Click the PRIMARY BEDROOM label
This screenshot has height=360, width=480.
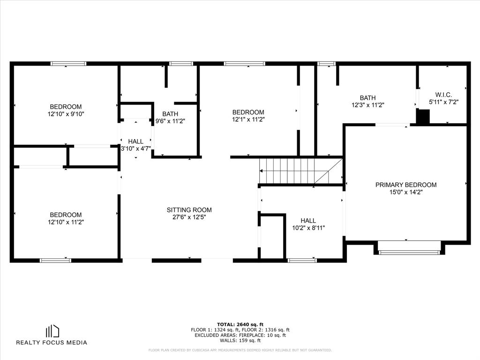point(406,185)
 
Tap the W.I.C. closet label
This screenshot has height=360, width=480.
point(443,95)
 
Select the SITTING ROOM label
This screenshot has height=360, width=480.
point(189,210)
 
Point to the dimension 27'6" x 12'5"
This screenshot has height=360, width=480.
point(189,217)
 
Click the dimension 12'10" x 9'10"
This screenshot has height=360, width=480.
point(66,114)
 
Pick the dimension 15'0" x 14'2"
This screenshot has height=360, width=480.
point(406,192)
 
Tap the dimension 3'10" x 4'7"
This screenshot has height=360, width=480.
point(135,149)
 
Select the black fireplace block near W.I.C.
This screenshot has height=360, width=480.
point(423,117)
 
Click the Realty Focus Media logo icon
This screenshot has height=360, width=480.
point(52,331)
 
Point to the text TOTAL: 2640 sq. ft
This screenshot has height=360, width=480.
point(240,324)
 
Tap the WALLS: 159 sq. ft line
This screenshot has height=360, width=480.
point(240,340)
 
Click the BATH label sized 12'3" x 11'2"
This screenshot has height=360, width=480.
point(367,98)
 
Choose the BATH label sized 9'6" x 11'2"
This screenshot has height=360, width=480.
point(170,114)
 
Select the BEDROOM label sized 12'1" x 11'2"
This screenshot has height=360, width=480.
point(248,112)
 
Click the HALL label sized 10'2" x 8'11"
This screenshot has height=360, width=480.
point(308,221)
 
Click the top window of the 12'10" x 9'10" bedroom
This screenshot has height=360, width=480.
point(68,64)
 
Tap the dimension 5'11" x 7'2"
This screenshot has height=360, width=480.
point(443,102)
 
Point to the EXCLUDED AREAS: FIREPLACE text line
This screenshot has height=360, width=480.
point(240,335)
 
